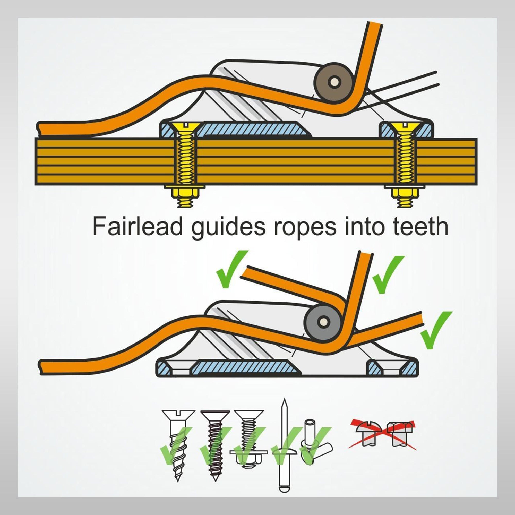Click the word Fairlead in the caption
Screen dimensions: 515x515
click(137, 226)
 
